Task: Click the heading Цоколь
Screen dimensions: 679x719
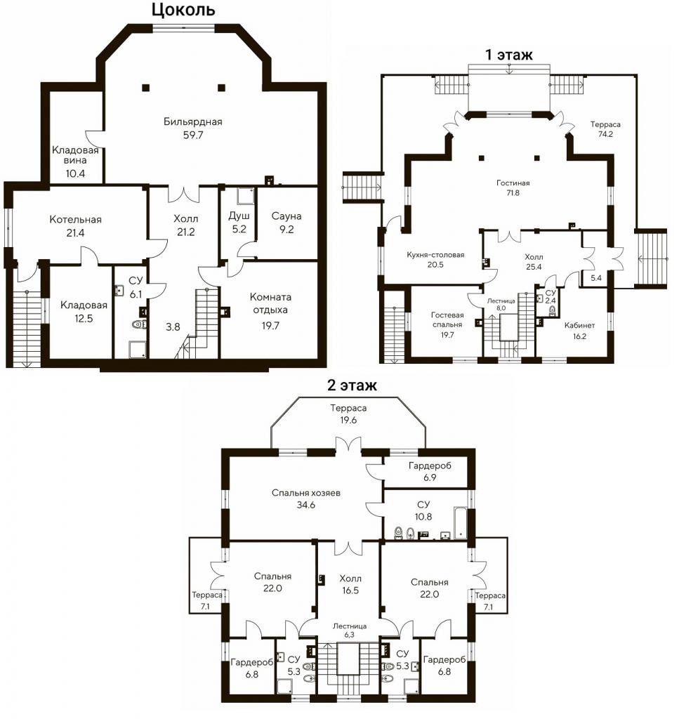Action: click(x=183, y=10)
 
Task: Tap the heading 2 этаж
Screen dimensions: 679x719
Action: click(x=352, y=385)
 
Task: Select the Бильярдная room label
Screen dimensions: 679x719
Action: click(x=193, y=121)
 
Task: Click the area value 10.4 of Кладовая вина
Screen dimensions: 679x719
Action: click(x=75, y=174)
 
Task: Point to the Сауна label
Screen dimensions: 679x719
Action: click(x=286, y=216)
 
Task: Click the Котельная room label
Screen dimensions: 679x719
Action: click(x=75, y=219)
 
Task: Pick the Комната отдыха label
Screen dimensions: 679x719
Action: click(x=270, y=303)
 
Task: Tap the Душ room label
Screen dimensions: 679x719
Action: click(x=239, y=216)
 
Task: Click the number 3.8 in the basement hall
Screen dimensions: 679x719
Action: click(x=173, y=327)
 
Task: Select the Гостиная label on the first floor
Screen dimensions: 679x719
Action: click(x=513, y=183)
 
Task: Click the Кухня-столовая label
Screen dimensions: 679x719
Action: click(x=435, y=254)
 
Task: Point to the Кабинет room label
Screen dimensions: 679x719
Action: click(x=579, y=326)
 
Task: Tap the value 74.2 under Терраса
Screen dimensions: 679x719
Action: click(x=606, y=134)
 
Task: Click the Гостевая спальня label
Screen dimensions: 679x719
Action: click(x=447, y=319)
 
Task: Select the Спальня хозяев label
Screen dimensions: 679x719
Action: click(x=306, y=494)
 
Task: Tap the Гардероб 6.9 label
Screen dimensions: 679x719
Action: click(x=430, y=471)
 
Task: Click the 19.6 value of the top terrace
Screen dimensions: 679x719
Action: click(x=348, y=421)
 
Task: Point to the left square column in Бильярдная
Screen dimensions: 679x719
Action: click(x=146, y=87)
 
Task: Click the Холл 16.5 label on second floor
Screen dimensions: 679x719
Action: click(x=350, y=585)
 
